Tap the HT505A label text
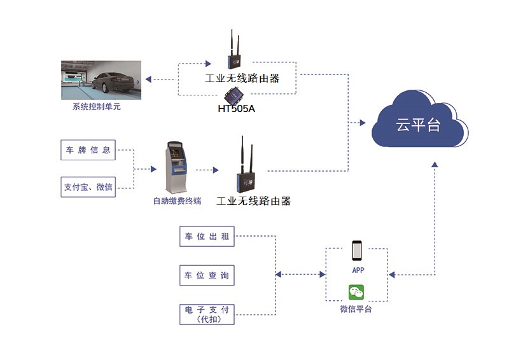[236, 109]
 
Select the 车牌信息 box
[88, 150]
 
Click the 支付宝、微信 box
[88, 187]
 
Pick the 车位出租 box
[206, 237]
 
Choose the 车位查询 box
[206, 275]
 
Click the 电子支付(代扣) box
[206, 314]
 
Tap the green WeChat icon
[356, 293]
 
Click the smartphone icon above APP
[357, 251]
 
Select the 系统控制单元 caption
[96, 107]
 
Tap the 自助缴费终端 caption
[177, 201]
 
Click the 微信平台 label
[356, 309]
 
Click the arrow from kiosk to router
[207, 170]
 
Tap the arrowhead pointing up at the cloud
[434, 164]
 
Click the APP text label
[358, 270]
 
